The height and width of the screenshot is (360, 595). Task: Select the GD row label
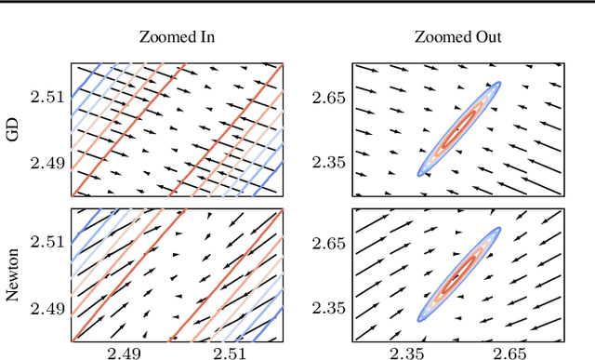tap(13, 129)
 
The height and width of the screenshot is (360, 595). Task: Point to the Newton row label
tap(13, 275)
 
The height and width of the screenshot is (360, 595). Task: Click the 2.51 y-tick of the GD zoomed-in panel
tap(49, 97)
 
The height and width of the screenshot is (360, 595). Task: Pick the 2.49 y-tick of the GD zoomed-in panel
tap(49, 163)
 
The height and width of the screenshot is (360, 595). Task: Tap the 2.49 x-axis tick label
tap(124, 353)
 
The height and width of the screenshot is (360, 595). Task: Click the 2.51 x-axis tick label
tap(230, 353)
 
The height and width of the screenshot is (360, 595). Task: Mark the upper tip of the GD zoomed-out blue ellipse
tap(499, 84)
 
